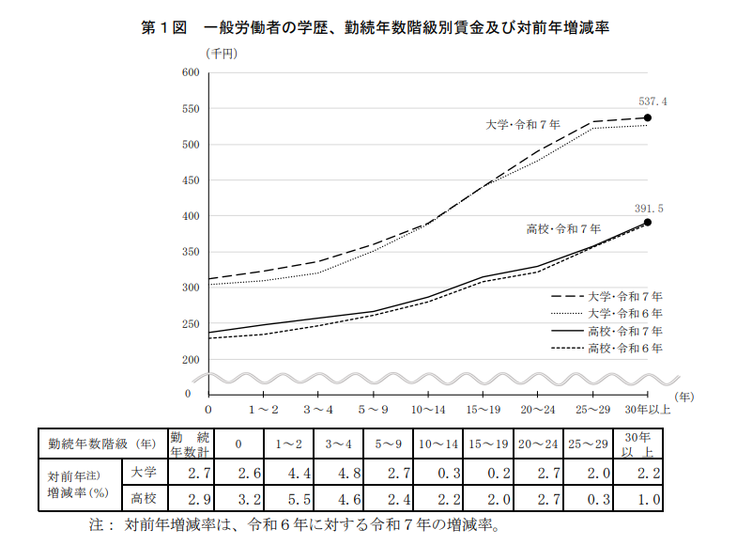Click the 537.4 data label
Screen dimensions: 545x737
pyautogui.click(x=653, y=101)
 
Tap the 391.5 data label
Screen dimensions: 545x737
pyautogui.click(x=650, y=209)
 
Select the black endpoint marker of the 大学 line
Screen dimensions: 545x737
pyautogui.click(x=648, y=118)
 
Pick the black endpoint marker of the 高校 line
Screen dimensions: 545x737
pyautogui.click(x=648, y=223)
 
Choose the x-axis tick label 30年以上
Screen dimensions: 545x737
pyautogui.click(x=649, y=410)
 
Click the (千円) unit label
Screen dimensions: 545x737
pyautogui.click(x=223, y=54)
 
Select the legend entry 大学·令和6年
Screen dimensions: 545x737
pyautogui.click(x=624, y=313)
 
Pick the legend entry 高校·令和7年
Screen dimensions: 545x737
pyautogui.click(x=624, y=331)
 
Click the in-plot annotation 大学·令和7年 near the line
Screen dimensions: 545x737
pyautogui.click(x=523, y=124)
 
